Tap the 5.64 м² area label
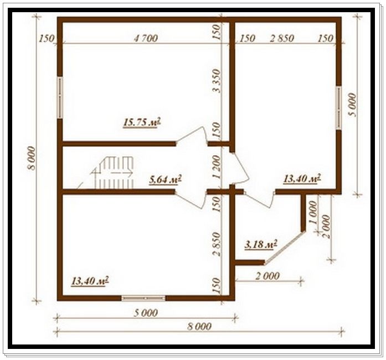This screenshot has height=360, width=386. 166,179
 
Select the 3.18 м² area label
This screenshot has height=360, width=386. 261,244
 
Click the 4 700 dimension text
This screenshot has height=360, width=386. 146,38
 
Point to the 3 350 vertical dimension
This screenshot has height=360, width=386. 217,80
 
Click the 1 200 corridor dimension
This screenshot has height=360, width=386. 217,167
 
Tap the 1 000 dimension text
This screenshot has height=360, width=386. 312,212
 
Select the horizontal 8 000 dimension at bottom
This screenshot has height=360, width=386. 199,327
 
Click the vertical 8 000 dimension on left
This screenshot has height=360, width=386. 32,158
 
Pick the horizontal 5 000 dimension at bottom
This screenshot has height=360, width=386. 146,313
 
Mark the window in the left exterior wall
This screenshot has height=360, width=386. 60,98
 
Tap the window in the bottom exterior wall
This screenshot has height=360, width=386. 143,298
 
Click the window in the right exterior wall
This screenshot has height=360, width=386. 339,107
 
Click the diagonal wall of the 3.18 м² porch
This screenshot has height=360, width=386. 284,248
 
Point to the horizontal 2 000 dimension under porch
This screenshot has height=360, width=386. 268,276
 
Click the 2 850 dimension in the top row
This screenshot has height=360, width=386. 282,38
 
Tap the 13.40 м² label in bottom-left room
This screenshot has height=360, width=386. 90,281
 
